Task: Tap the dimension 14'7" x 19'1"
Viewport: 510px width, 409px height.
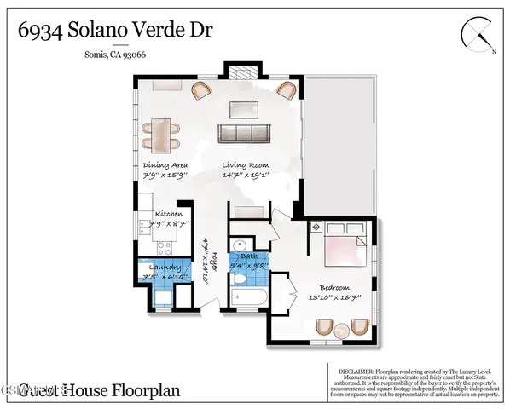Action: coord(246,176)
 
